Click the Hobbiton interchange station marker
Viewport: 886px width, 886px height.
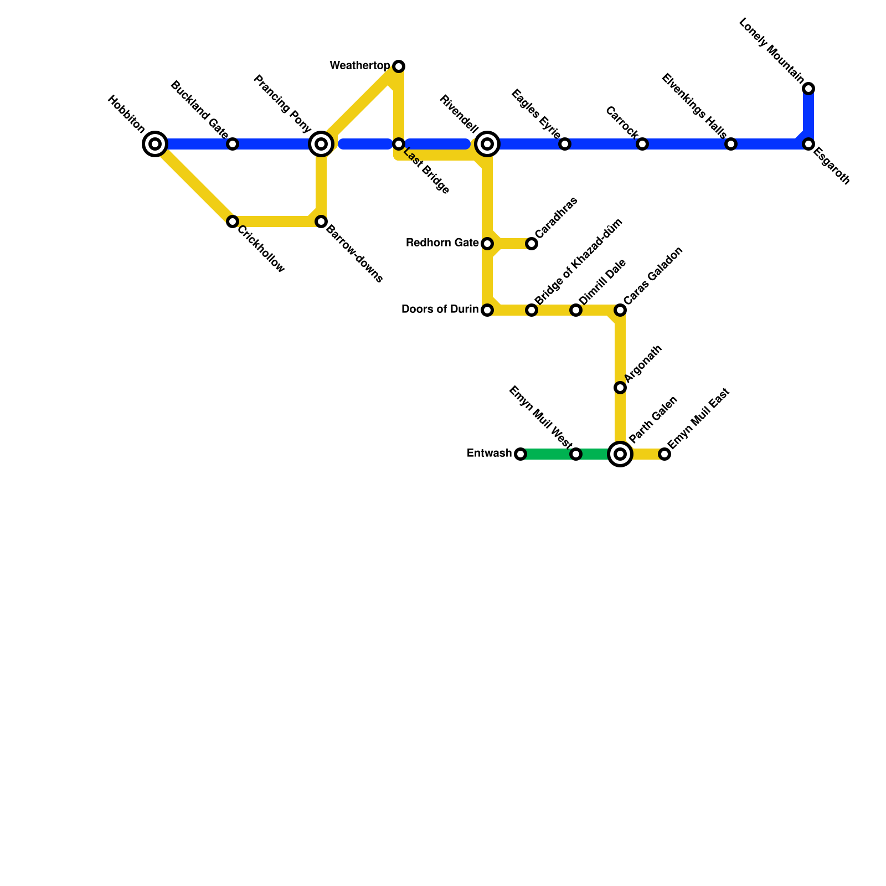155,144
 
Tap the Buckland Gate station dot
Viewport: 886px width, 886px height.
233,144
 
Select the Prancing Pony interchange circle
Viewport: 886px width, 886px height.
321,144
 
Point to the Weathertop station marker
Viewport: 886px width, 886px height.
399,66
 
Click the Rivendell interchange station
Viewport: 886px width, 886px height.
487,144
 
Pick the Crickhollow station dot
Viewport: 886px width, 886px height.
233,221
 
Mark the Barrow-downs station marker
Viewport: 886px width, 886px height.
321,221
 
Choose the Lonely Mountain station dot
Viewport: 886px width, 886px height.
808,89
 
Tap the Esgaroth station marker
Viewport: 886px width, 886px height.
808,144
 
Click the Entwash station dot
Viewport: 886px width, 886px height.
521,454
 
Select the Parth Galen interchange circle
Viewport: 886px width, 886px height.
620,454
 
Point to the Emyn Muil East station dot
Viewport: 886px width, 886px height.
664,454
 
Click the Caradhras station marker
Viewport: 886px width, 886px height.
532,244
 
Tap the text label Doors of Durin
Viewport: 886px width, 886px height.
440,310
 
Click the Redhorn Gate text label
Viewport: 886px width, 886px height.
442,243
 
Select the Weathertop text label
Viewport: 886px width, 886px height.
359,66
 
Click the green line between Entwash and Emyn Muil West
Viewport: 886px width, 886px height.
548,454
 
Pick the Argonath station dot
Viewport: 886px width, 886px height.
620,388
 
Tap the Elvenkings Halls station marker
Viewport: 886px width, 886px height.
731,144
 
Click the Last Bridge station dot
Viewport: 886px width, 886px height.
399,144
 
